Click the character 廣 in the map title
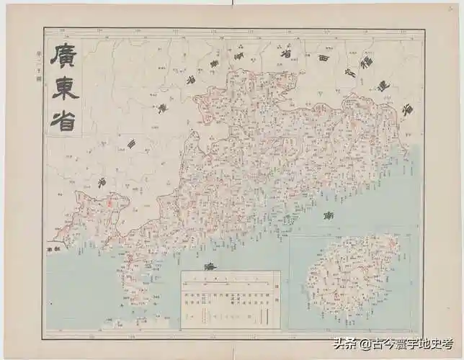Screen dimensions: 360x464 tap(63, 56)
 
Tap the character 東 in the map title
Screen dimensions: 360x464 tap(63, 89)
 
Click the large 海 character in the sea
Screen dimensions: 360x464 tap(210, 267)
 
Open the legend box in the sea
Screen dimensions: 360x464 tap(230, 298)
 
